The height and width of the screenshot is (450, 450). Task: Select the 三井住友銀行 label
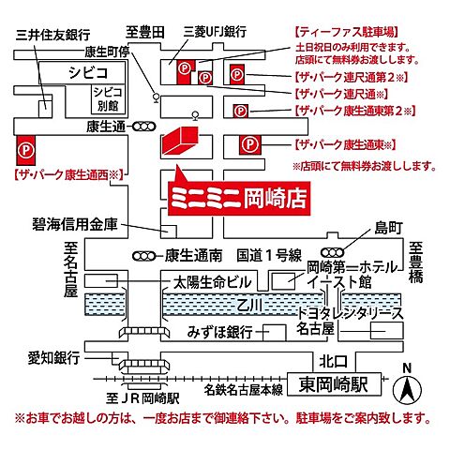48,35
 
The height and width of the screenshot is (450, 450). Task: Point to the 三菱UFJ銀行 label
219,31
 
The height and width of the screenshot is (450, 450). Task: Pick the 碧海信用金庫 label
83,225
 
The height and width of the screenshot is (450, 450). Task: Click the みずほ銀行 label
217,332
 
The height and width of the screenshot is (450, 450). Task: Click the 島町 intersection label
386,227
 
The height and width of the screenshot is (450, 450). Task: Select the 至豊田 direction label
146,31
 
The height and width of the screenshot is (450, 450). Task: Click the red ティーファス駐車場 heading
345,31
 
